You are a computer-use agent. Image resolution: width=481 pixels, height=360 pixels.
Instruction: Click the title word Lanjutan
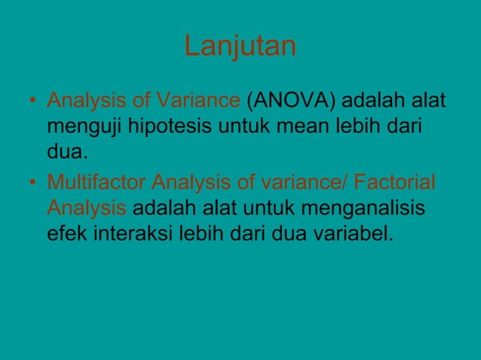240,47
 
